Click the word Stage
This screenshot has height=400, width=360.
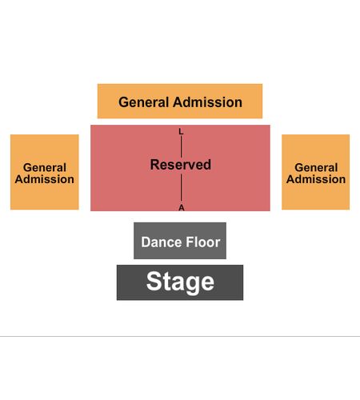[180, 282]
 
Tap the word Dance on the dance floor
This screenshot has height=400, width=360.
[162, 242]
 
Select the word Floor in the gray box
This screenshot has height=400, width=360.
[203, 242]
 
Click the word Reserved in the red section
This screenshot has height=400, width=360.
[181, 165]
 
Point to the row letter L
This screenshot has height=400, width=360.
[181, 131]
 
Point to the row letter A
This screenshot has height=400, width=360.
[182, 208]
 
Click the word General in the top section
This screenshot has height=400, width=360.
[144, 102]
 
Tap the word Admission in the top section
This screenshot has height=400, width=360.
[207, 102]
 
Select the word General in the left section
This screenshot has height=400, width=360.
[45, 168]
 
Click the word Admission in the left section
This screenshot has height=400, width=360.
[45, 179]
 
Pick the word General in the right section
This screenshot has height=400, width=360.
[316, 168]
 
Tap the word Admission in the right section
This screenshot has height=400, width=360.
[316, 179]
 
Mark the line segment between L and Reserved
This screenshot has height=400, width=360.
[182, 146]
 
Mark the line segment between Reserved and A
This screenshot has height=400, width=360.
[182, 187]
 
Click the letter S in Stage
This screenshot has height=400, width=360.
[154, 282]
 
